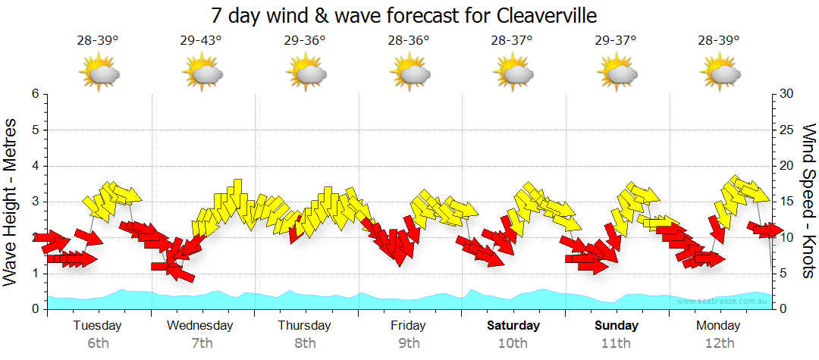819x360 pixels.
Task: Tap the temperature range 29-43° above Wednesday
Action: [202, 41]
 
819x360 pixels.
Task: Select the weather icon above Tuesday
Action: [99, 73]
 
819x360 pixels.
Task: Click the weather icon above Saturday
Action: [514, 73]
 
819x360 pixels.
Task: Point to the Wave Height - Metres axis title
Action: [11, 202]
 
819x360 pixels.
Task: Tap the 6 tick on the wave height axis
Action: [35, 94]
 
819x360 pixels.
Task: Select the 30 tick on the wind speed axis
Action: [786, 94]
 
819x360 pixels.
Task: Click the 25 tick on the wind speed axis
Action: [786, 130]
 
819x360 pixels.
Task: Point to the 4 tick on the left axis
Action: [35, 166]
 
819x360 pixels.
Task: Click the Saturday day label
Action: [513, 326]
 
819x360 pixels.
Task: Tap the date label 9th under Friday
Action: [409, 343]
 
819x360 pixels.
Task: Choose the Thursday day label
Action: [304, 326]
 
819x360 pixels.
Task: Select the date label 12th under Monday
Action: [720, 343]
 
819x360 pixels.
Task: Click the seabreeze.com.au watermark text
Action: [723, 301]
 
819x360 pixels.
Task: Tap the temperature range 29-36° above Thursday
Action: [305, 41]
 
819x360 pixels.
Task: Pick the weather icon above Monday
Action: [721, 73]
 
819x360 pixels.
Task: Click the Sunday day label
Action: [616, 326]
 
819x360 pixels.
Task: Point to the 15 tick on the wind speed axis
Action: [786, 202]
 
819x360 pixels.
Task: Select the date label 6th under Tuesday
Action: [98, 343]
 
